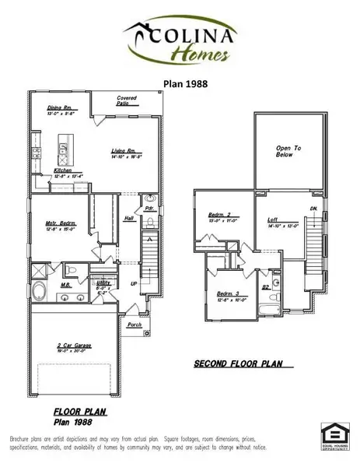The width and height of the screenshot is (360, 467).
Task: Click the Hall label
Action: tap(128, 219)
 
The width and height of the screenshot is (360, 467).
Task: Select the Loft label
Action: tap(273, 219)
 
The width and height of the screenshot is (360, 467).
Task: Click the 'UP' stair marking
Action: tap(133, 285)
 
